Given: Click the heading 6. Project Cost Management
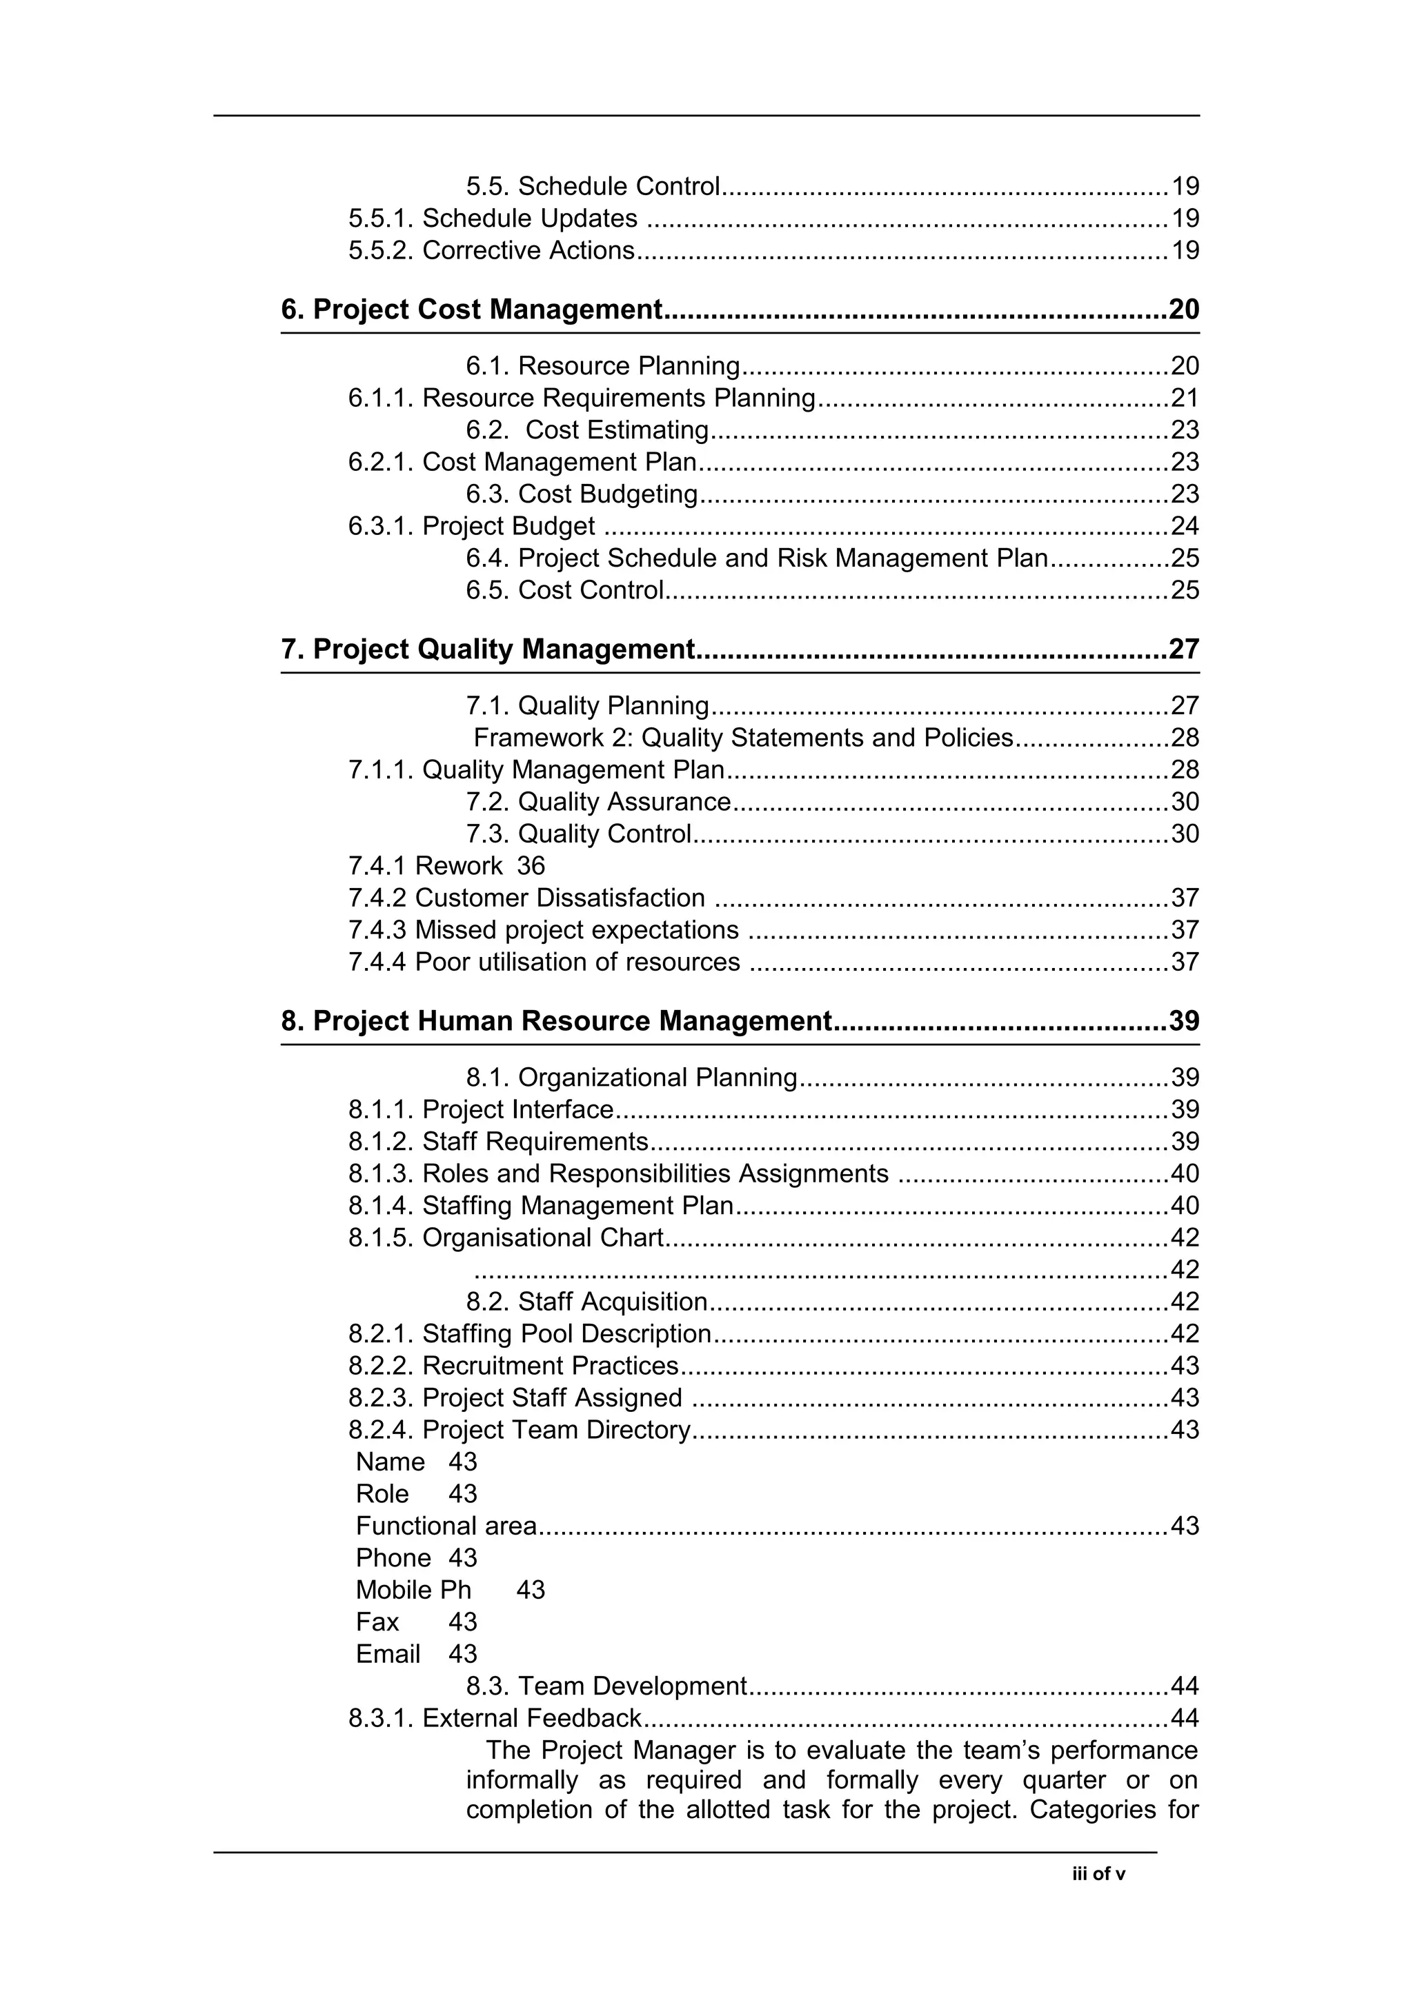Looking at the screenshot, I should pyautogui.click(x=471, y=309).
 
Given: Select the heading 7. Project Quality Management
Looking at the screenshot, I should pyautogui.click(x=488, y=649).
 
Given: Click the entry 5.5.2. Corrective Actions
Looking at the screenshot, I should pyautogui.click(x=491, y=251).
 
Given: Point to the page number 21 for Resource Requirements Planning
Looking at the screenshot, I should pyautogui.click(x=1184, y=398).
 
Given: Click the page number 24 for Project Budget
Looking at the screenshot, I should pyautogui.click(x=1184, y=527).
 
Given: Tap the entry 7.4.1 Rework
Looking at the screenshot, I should pyautogui.click(x=425, y=866).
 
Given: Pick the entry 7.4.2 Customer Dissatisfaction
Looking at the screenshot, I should pyautogui.click(x=526, y=898).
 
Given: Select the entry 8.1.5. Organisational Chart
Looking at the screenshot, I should pyautogui.click(x=506, y=1238).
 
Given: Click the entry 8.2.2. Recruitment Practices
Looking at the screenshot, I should pyautogui.click(x=513, y=1365).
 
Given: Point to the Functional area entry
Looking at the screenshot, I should pyautogui.click(x=446, y=1526).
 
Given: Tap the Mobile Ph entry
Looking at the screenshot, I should pyautogui.click(x=413, y=1590).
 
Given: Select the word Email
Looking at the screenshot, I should pyautogui.click(x=388, y=1654).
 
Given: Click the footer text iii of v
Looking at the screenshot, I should pyautogui.click(x=1098, y=1875).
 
